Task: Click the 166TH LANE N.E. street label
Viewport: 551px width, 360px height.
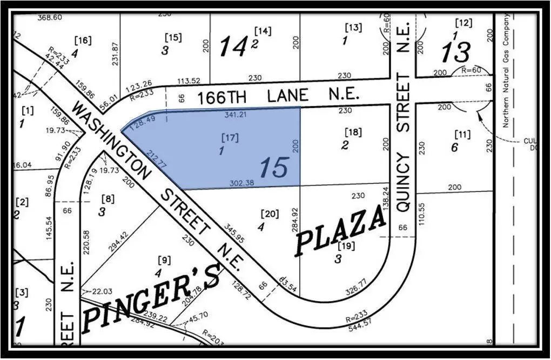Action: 278,96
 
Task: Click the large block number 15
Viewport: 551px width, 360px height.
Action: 274,168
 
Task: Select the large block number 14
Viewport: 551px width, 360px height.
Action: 232,47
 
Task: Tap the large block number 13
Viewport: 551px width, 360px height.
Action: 456,53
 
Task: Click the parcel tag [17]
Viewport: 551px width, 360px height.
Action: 230,138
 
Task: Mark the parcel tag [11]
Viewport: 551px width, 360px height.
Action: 462,134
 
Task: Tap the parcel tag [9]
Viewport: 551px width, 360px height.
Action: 164,261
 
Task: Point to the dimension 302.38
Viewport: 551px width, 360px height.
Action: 242,183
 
